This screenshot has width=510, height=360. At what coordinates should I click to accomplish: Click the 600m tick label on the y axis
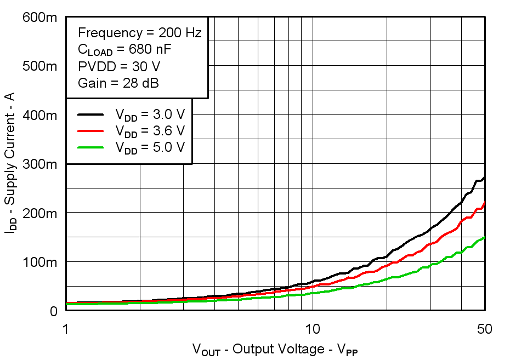(39, 18)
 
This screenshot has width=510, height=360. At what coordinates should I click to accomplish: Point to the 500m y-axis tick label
(39, 67)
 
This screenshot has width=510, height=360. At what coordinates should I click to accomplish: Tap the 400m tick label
(39, 116)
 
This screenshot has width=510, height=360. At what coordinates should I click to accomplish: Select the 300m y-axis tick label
(39, 164)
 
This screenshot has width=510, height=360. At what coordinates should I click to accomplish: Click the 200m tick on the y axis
(39, 213)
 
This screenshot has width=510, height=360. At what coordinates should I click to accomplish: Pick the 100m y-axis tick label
(39, 262)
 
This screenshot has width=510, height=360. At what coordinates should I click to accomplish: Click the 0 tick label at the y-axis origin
(53, 311)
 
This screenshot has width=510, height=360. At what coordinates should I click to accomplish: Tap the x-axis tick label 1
(66, 329)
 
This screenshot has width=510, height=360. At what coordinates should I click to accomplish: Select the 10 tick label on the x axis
(313, 329)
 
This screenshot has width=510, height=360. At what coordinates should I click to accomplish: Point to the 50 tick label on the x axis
(484, 329)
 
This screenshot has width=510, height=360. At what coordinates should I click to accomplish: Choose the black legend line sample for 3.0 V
(90, 115)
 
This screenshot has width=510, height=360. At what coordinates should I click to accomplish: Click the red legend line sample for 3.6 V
(90, 131)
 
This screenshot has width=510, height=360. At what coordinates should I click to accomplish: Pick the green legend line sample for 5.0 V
(90, 147)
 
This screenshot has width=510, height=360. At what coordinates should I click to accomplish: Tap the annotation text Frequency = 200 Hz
(139, 32)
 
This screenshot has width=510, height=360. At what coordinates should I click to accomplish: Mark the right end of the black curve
(484, 177)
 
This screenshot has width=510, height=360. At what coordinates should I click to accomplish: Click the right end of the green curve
(484, 237)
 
